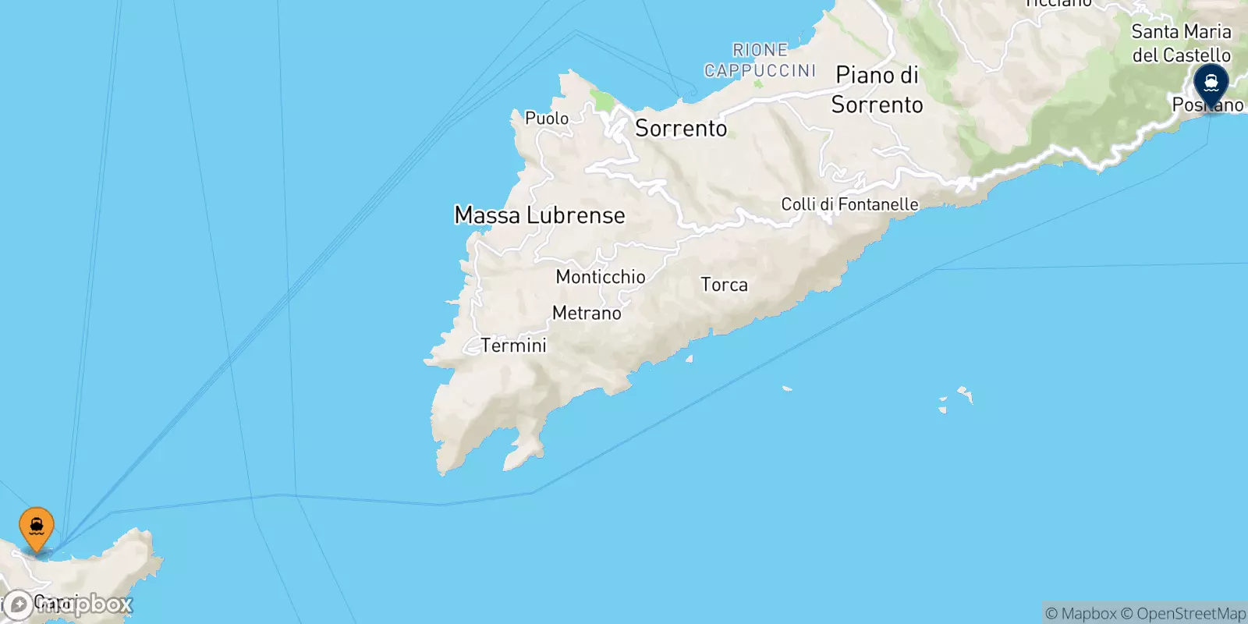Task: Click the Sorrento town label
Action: (681, 129)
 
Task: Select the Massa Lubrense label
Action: (540, 215)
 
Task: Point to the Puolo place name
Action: (547, 119)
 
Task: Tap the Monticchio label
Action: (601, 277)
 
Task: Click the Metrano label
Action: (587, 314)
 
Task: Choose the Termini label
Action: (514, 346)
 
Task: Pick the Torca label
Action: (724, 285)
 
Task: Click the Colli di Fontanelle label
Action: (849, 204)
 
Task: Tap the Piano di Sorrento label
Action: (877, 90)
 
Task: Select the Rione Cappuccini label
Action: (760, 60)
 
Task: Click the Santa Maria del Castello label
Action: (1181, 43)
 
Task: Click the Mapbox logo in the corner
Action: (69, 604)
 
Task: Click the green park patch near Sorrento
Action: (601, 101)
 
